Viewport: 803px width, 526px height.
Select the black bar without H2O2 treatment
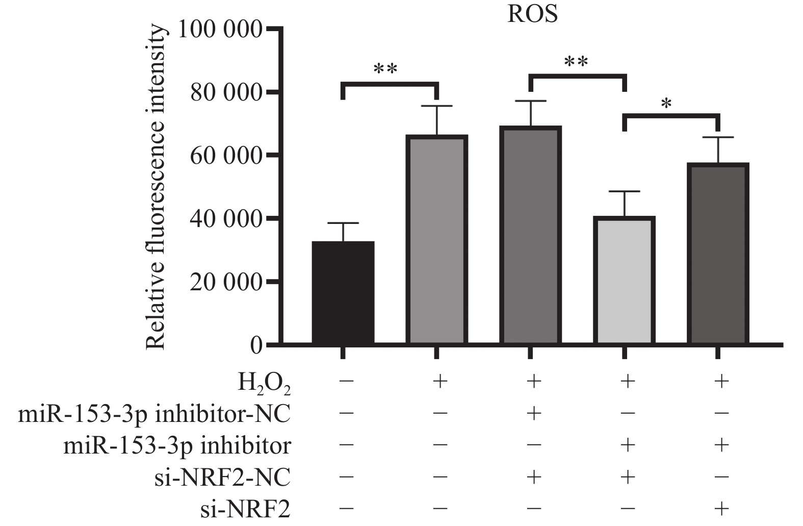point(343,293)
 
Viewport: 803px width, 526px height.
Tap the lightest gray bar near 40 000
point(625,281)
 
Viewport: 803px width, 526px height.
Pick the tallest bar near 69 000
point(531,235)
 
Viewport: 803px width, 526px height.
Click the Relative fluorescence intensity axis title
point(156,188)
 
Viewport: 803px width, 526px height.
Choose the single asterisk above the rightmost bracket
point(666,104)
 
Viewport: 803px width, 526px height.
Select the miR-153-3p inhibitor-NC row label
point(154,414)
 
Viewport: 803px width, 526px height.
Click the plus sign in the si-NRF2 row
point(720,508)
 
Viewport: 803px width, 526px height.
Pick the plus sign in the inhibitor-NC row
point(533,413)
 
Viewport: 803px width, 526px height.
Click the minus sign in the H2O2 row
point(346,382)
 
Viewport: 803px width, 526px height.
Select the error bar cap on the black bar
point(343,223)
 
